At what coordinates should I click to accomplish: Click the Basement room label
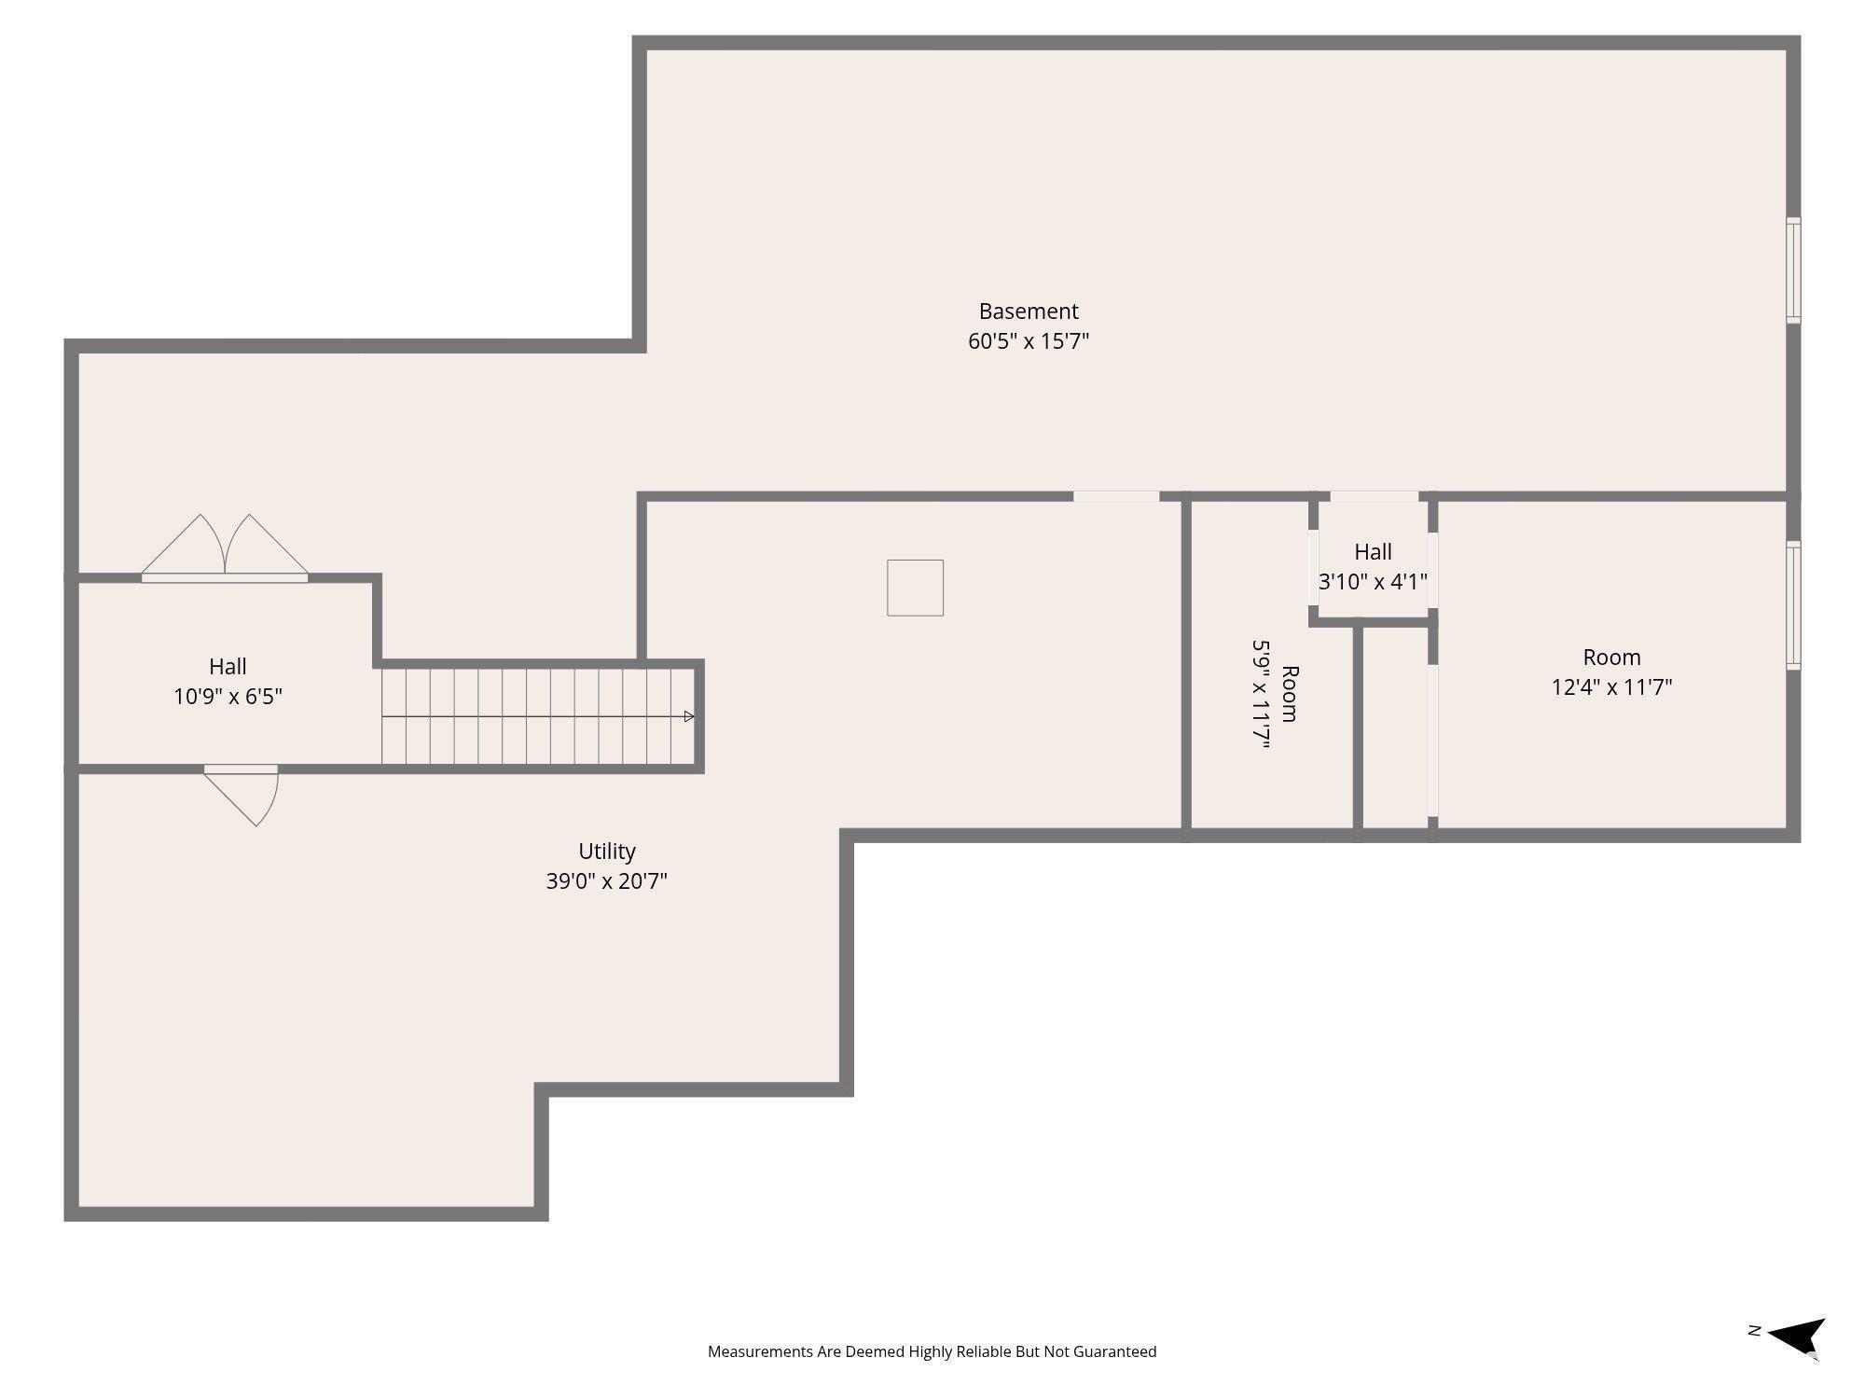tap(1029, 311)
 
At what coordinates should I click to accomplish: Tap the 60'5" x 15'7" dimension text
tap(1029, 340)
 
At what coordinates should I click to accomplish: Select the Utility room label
tap(607, 852)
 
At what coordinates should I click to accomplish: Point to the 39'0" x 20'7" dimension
tap(607, 881)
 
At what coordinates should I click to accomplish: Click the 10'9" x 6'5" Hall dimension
tap(228, 697)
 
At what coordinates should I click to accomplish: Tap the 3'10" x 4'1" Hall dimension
tap(1373, 582)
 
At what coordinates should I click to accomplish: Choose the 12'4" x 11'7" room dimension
tap(1611, 687)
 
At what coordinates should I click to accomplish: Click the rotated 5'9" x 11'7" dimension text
tap(1262, 694)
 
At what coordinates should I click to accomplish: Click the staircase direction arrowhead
tap(689, 716)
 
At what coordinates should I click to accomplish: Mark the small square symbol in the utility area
tap(915, 588)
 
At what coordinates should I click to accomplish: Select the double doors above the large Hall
tap(225, 547)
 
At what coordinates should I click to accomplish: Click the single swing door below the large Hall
tap(242, 796)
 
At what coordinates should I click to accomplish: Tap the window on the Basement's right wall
tap(1793, 270)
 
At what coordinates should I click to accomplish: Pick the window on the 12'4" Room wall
tap(1793, 605)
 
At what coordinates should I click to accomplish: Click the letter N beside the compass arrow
tap(1753, 1331)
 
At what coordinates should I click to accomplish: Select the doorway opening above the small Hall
tap(1374, 496)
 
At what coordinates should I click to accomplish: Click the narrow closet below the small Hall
tap(1395, 727)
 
